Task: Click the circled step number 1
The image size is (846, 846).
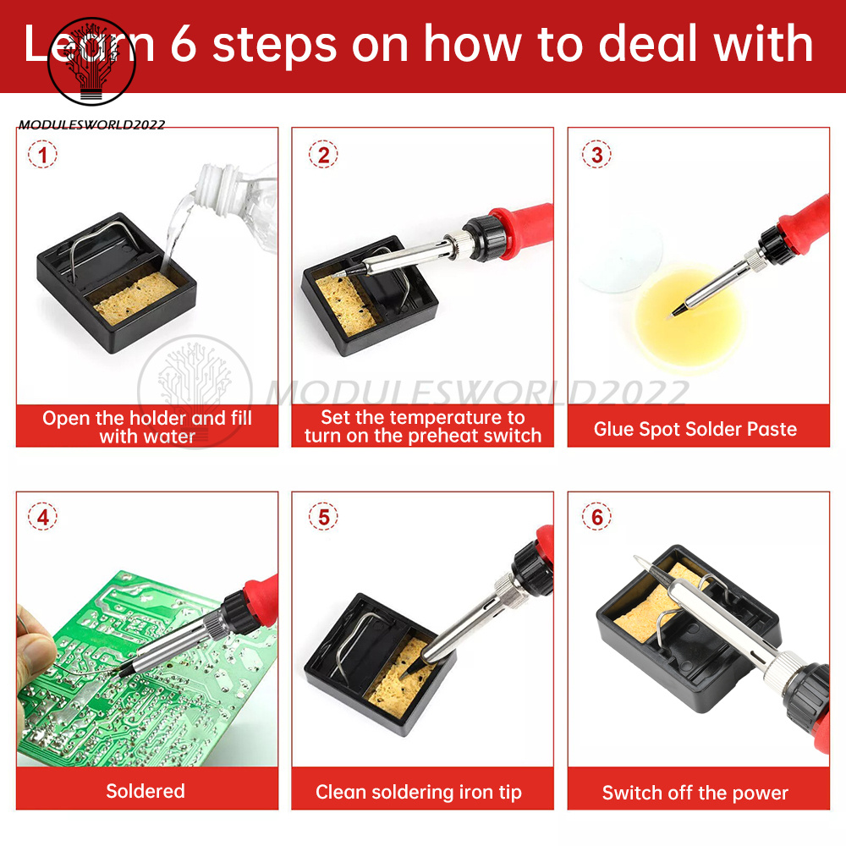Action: tap(42, 155)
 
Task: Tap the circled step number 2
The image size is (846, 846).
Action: tap(323, 155)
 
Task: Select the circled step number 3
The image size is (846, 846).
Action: tap(596, 155)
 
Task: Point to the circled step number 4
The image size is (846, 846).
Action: tap(42, 517)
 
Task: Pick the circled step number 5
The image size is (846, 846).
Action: tap(323, 517)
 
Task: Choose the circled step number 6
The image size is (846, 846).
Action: tap(596, 517)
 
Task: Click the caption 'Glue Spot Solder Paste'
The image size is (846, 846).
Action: tap(695, 429)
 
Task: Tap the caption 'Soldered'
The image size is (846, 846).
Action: tap(146, 791)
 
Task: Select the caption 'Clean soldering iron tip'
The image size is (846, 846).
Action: tap(419, 792)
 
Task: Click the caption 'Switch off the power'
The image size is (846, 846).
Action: tap(695, 793)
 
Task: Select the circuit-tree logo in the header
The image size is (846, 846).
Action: tap(91, 61)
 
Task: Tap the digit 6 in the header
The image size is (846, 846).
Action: tap(184, 43)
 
